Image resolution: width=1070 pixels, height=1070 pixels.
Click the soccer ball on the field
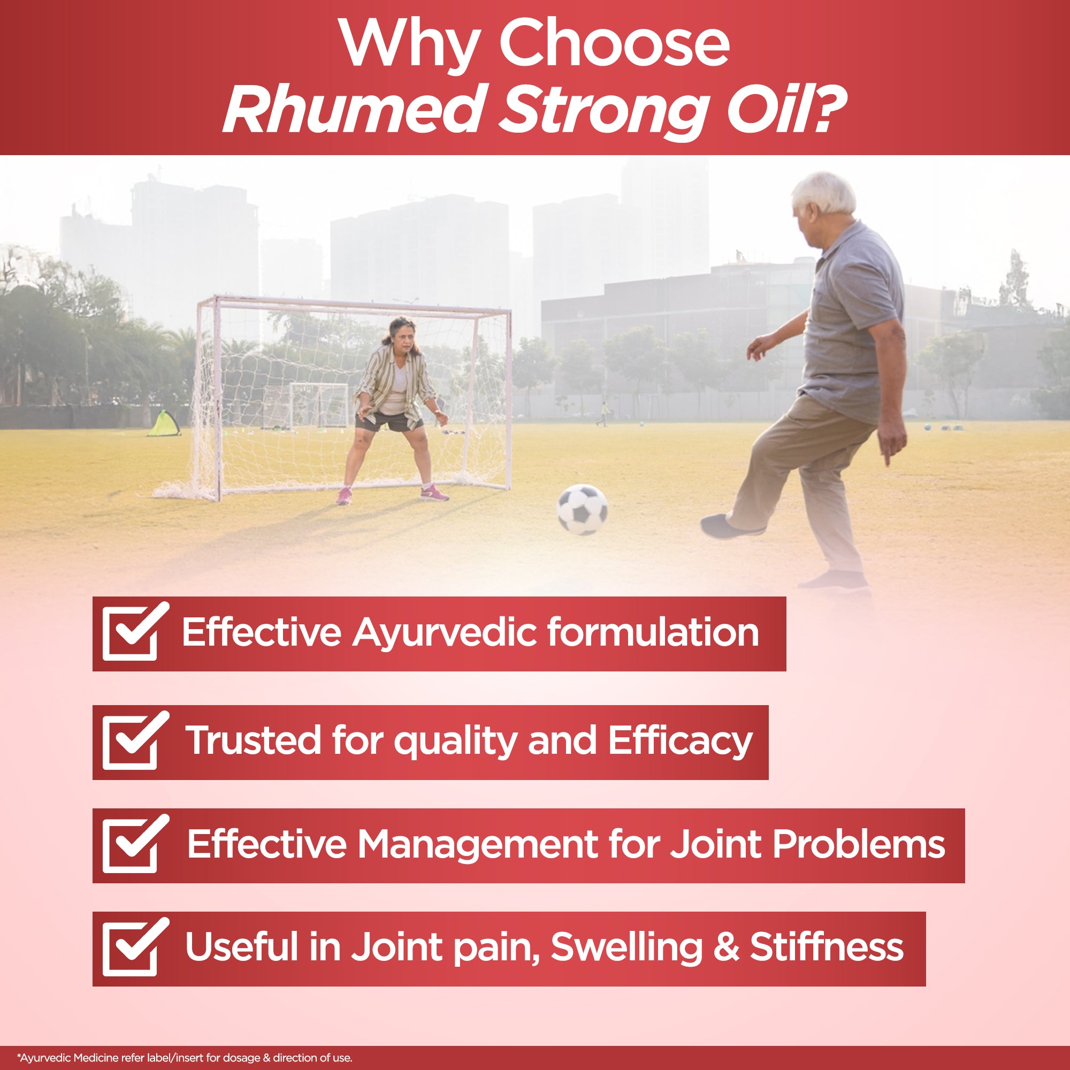pyautogui.click(x=582, y=509)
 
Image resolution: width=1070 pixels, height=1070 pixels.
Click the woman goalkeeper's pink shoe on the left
pyautogui.click(x=343, y=496)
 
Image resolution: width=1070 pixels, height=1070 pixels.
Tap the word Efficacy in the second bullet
pyautogui.click(x=681, y=742)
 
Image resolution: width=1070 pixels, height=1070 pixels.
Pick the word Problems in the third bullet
pyautogui.click(x=859, y=844)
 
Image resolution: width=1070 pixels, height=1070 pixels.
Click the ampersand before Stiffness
pyautogui.click(x=726, y=946)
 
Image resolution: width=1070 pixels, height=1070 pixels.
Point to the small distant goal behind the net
pyautogui.click(x=319, y=405)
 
